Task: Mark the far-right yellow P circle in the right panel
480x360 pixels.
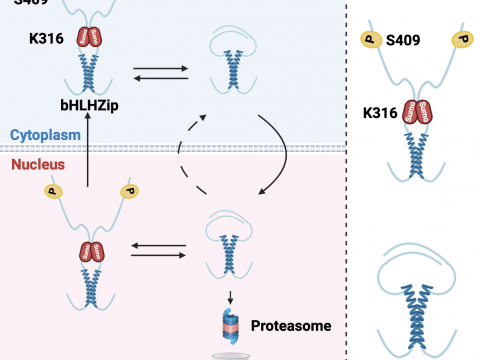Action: point(461,40)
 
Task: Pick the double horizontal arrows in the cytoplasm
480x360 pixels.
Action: point(160,75)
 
